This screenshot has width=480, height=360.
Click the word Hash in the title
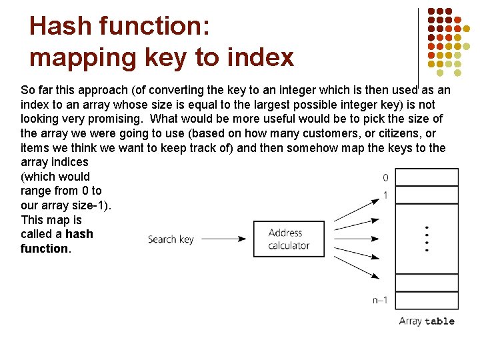[61, 27]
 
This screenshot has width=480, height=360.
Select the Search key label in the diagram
[171, 239]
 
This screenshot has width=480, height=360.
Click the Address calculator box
[289, 239]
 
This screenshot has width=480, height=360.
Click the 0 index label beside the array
[385, 178]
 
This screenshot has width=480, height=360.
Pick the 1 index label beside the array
[385, 195]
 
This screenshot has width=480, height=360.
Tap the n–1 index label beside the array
[380, 300]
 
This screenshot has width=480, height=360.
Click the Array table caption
[427, 321]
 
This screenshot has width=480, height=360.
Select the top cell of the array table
[427, 177]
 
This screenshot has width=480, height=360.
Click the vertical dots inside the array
[427, 239]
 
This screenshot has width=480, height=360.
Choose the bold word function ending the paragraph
[44, 249]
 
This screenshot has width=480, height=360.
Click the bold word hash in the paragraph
[79, 234]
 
